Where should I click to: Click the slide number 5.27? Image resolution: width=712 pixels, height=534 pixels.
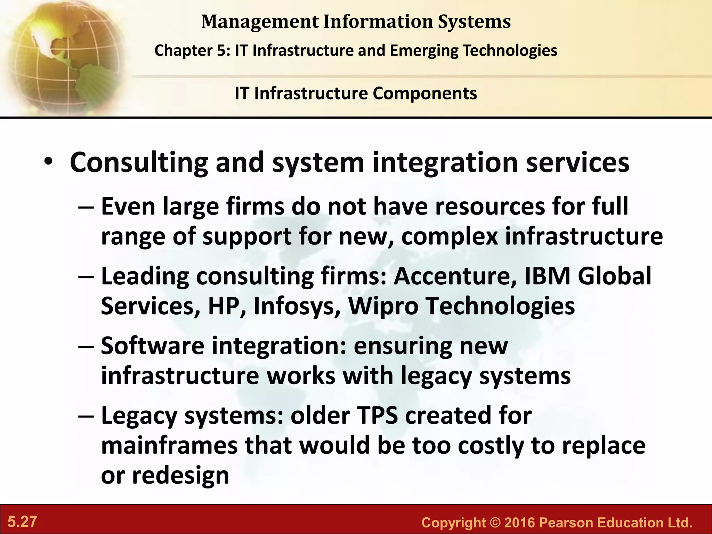pos(23,521)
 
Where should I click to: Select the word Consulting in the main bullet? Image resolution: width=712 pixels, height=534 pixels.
pos(139,163)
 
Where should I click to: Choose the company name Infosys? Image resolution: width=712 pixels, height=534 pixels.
pos(297,307)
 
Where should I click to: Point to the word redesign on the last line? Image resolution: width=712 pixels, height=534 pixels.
pos(180,476)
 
